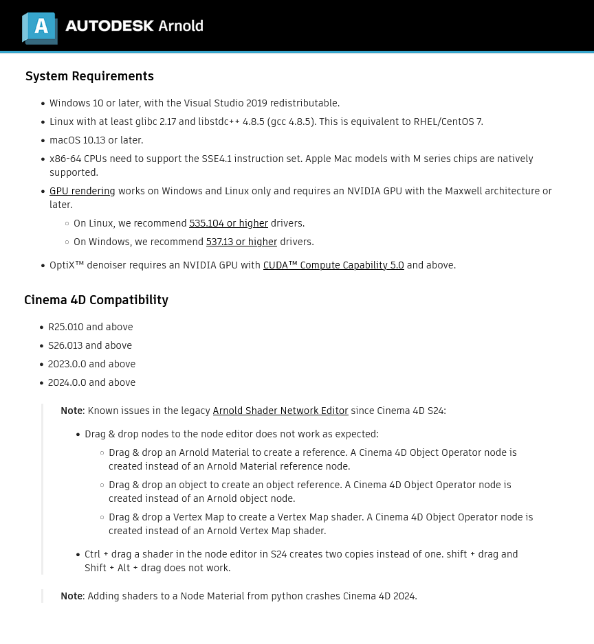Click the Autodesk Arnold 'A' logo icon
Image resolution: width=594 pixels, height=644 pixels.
(40, 27)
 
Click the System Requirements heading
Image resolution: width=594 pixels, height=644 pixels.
(89, 76)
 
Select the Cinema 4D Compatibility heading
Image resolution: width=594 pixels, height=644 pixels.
(96, 300)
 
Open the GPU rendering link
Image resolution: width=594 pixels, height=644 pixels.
(82, 191)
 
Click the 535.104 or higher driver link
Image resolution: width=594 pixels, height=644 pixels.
(228, 223)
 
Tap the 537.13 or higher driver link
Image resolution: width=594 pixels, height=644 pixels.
(241, 242)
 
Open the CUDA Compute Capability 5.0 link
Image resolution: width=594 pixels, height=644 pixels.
(333, 265)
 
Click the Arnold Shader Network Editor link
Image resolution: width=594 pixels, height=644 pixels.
(280, 411)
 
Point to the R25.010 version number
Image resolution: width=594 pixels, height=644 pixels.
(65, 327)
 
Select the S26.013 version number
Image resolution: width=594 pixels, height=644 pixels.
(65, 345)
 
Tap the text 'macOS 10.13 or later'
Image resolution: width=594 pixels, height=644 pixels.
(96, 140)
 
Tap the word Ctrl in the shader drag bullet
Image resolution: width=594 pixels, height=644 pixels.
(92, 554)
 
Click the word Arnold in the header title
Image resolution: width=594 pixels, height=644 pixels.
(181, 26)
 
